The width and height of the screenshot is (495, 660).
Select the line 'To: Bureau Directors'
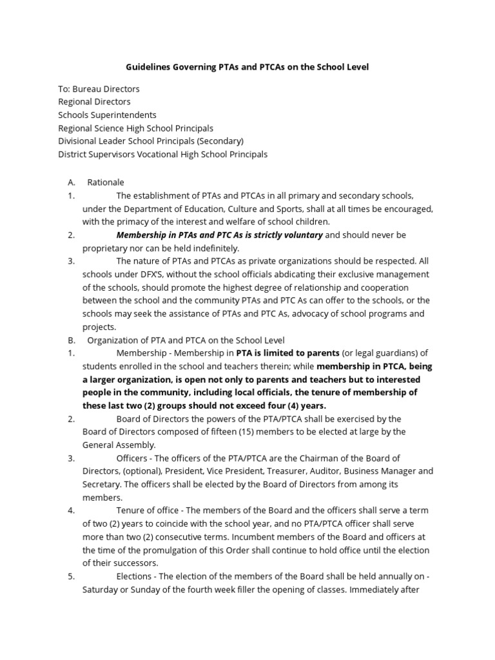(x=99, y=88)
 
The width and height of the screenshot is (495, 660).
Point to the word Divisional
(x=78, y=141)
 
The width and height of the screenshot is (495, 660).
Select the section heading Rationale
(x=106, y=182)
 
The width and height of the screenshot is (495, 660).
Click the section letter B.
(x=72, y=340)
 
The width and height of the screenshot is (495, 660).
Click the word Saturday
(x=102, y=589)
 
